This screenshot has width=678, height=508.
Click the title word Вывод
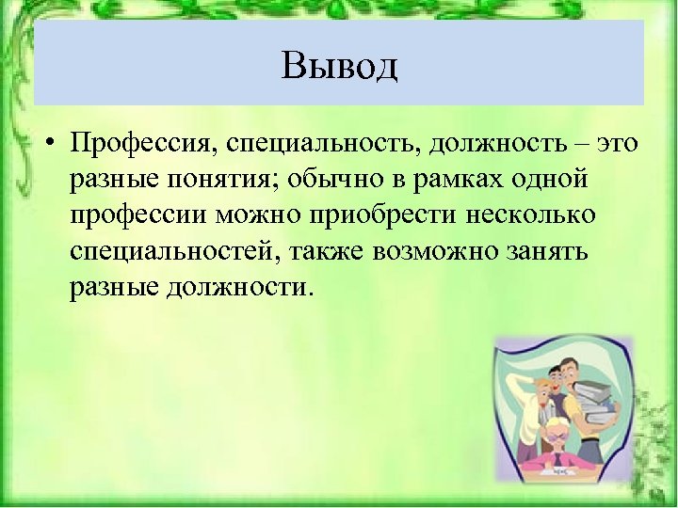pos(339,66)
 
